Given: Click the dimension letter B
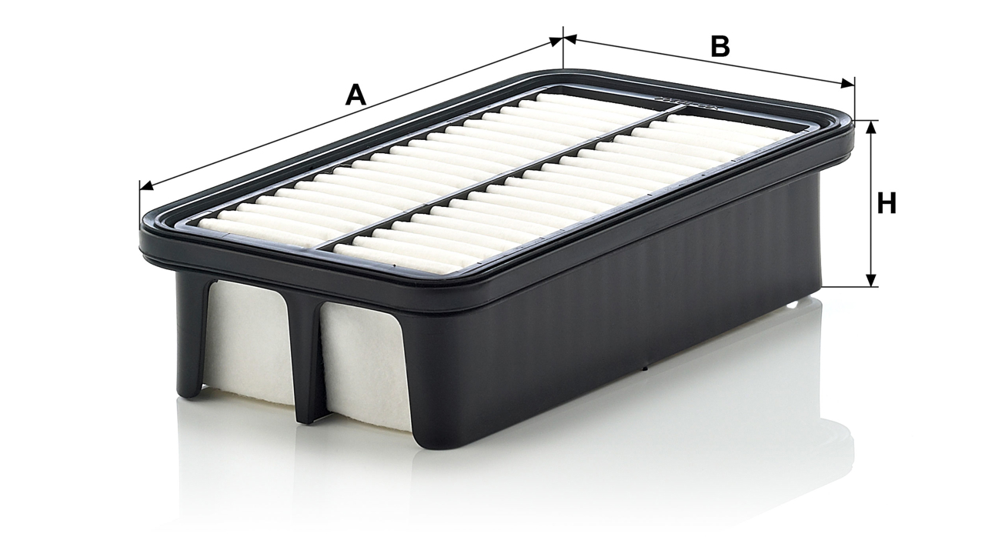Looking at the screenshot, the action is pos(720,47).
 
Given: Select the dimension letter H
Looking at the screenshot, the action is pos(886,203).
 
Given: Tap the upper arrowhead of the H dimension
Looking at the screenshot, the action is pos(870,127).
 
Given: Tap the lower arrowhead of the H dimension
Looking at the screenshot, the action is pos(870,280).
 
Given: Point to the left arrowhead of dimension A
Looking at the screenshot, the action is pos(146,186).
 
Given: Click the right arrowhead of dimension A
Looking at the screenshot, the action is pos(556,42).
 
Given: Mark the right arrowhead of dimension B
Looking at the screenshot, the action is pos(848,84).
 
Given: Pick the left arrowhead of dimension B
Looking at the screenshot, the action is pos(570,39).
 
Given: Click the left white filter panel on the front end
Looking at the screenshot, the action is pos(249,343).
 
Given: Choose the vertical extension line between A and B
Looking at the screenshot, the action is pos(563,48).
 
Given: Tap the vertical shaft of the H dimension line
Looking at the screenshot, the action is pos(870,203).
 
